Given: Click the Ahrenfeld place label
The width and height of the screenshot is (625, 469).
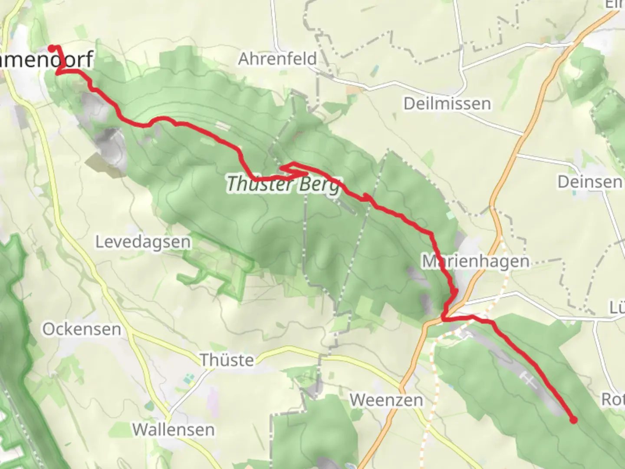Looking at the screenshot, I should click(x=277, y=59).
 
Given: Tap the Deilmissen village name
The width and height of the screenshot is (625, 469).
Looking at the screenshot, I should click(x=447, y=104).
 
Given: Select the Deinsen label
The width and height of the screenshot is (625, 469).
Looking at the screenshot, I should click(x=589, y=182).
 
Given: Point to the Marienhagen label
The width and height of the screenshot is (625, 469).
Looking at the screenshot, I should click(x=476, y=261).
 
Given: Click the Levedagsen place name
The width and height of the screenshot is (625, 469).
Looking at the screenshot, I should click(x=143, y=242).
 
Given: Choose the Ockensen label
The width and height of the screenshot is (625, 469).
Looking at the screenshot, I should click(x=82, y=329).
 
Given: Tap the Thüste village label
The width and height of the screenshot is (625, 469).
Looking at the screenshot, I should click(x=227, y=360).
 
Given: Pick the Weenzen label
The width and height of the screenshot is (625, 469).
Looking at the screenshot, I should click(x=386, y=400).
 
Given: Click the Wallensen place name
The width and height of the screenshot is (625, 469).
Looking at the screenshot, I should click(x=173, y=429).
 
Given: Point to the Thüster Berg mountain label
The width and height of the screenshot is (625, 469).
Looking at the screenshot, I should click(x=283, y=184).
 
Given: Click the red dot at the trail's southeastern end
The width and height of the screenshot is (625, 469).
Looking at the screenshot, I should click(x=573, y=419).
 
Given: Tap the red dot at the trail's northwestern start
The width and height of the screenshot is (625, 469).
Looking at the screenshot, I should click(x=52, y=48).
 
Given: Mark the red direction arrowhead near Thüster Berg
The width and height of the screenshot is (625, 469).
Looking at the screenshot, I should click(x=368, y=198).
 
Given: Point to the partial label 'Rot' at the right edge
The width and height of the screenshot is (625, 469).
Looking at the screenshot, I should click(x=612, y=399).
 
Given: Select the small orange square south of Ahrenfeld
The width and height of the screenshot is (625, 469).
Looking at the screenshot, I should click(x=353, y=90).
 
